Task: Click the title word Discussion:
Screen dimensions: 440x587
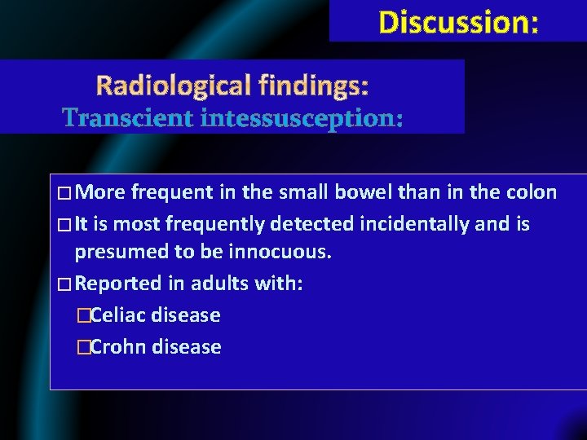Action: (x=458, y=22)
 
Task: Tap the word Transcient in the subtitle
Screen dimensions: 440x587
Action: (x=124, y=119)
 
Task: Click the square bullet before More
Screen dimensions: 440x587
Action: (x=64, y=194)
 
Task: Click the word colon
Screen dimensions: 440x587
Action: (x=531, y=193)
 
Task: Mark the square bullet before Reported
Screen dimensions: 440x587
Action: (x=64, y=284)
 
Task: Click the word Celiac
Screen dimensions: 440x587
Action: (x=120, y=315)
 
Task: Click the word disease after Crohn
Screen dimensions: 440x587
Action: (x=188, y=347)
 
